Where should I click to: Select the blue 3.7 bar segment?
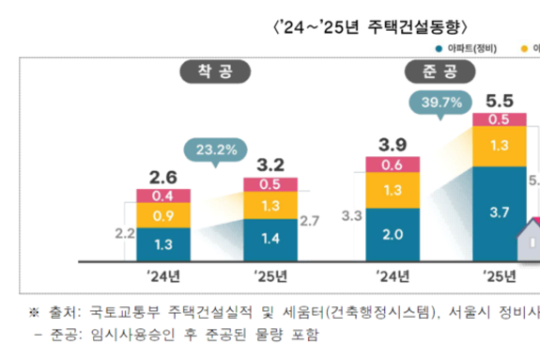tap(499, 212)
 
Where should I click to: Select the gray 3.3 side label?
tap(352, 216)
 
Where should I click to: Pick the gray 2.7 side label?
tap(310, 221)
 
